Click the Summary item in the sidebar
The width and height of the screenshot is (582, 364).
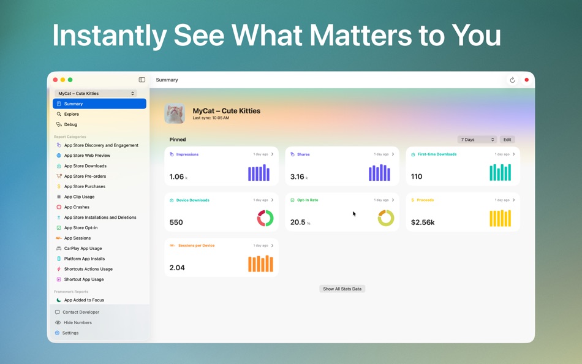click(x=99, y=104)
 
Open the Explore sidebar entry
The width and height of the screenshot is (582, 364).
click(x=72, y=114)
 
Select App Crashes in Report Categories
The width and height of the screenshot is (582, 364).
click(x=77, y=207)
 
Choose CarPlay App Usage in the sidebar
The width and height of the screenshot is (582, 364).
click(x=83, y=248)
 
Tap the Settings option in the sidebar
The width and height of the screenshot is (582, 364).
click(x=70, y=333)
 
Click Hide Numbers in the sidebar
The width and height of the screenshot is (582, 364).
click(x=77, y=322)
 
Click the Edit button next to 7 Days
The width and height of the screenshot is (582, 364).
click(x=507, y=140)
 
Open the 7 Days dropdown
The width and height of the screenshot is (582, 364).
click(x=477, y=140)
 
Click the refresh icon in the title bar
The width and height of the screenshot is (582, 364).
click(x=512, y=80)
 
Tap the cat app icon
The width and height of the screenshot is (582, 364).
click(x=175, y=113)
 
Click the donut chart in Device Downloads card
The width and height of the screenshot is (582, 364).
click(x=265, y=218)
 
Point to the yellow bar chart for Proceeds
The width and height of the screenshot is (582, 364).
click(x=500, y=218)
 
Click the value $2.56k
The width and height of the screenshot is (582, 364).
click(x=423, y=222)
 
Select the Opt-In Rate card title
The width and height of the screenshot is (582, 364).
click(x=308, y=200)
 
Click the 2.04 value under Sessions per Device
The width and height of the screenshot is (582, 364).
click(x=177, y=268)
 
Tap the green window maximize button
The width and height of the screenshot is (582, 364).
click(x=70, y=80)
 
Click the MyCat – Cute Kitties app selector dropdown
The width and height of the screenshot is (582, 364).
click(x=96, y=93)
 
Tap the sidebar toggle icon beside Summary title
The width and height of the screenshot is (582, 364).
click(x=142, y=80)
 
